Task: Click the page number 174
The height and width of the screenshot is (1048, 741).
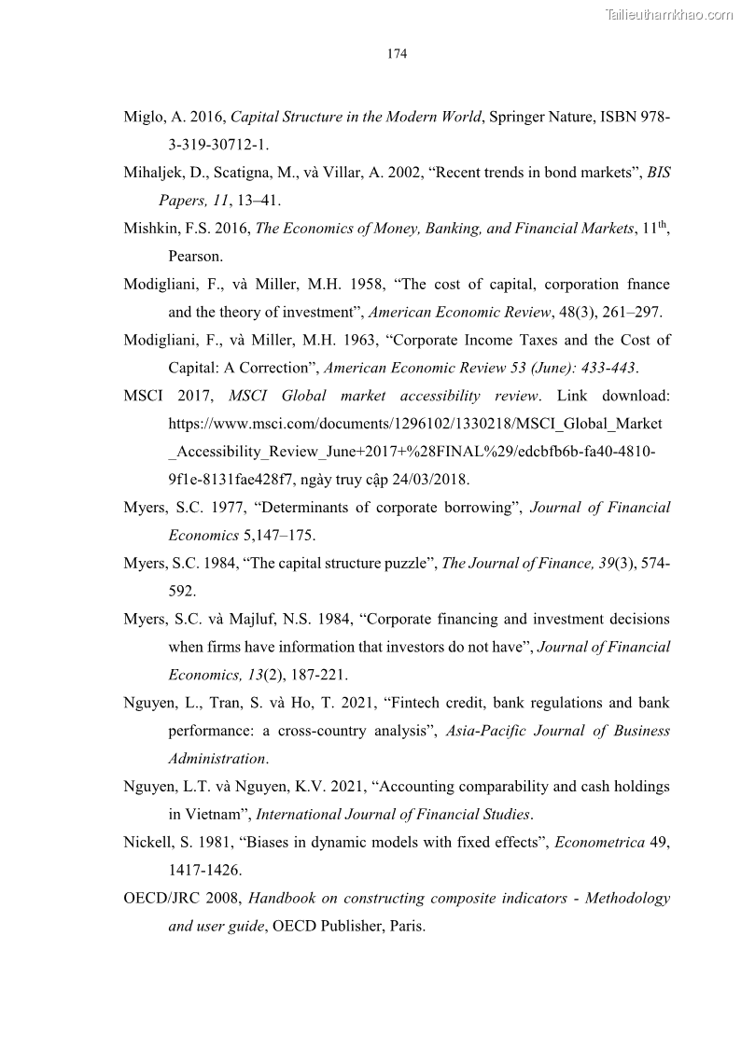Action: tap(397, 54)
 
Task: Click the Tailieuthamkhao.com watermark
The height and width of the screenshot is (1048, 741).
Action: tap(669, 14)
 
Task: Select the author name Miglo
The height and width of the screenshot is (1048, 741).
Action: tap(142, 118)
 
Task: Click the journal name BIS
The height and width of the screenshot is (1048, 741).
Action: tap(659, 173)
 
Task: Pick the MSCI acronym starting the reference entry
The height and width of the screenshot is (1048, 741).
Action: tap(144, 396)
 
